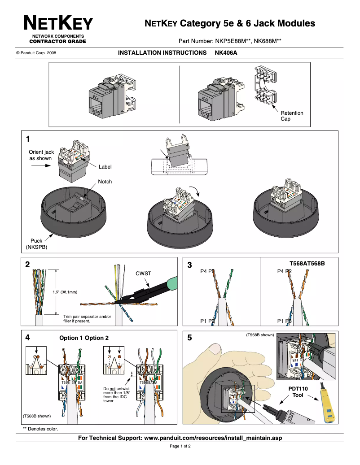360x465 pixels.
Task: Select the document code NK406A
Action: click(226, 52)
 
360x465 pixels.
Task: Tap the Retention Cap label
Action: click(292, 116)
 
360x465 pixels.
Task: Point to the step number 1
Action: click(28, 138)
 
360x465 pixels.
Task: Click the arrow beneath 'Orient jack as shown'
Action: click(40, 165)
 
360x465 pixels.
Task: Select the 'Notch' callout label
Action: click(105, 182)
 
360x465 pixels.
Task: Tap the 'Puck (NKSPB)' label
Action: click(36, 244)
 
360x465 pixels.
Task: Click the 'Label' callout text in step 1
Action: click(105, 167)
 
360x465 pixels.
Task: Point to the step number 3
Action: click(189, 265)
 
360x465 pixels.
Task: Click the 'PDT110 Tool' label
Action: click(298, 392)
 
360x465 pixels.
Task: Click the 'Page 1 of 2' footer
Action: click(180, 447)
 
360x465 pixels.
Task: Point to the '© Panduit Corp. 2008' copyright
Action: click(36, 53)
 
